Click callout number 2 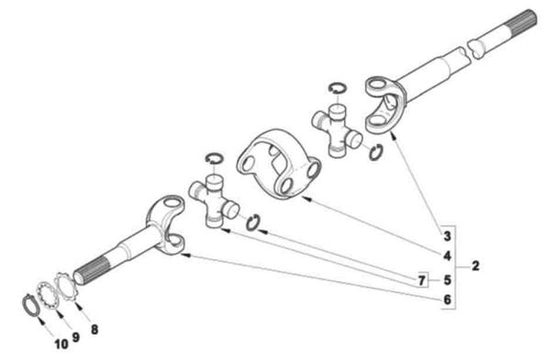point(475,265)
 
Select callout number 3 point(447,236)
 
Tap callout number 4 point(447,256)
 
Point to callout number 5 point(447,280)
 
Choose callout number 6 point(447,299)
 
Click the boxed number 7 point(422,280)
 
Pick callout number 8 point(95,330)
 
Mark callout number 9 point(75,337)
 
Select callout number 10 point(61,344)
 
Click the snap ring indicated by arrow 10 point(24,305)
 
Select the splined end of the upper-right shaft point(521,22)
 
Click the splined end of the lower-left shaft point(92,272)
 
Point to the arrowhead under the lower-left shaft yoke point(186,254)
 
